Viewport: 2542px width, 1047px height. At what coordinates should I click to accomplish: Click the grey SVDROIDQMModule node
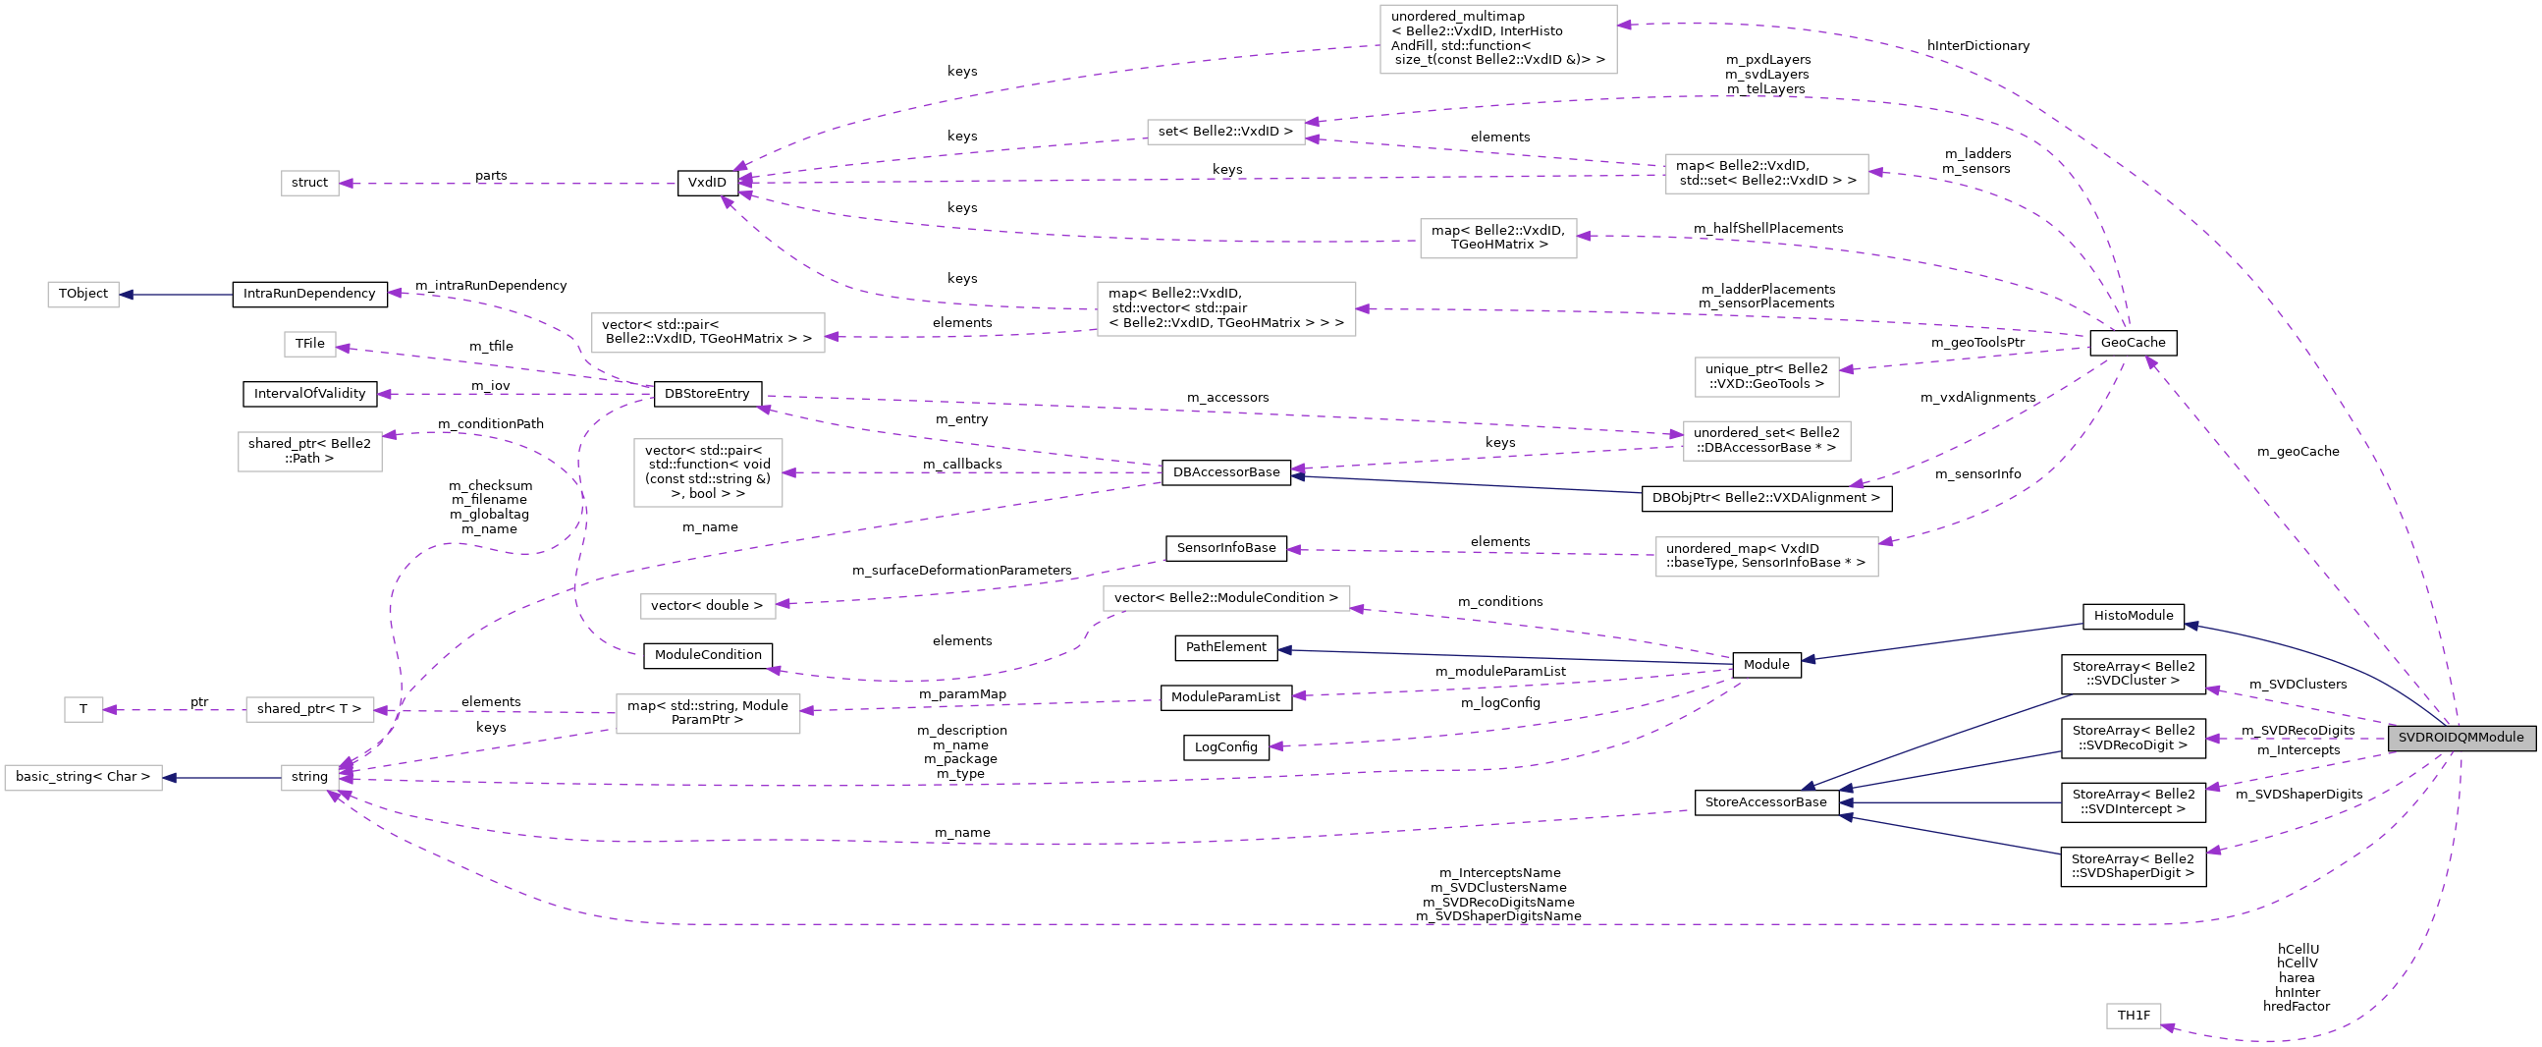tap(2461, 738)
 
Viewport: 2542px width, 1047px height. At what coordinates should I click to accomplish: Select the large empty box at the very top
tap(1498, 39)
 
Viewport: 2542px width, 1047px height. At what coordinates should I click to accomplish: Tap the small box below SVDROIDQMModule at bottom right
tap(2134, 1016)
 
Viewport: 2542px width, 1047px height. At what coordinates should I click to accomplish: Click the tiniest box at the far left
tap(83, 709)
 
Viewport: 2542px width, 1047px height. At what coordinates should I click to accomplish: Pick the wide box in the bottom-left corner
tap(82, 778)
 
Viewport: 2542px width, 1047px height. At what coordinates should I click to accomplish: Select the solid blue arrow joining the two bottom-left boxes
tap(222, 778)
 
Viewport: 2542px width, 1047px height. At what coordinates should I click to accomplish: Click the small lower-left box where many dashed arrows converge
tap(310, 778)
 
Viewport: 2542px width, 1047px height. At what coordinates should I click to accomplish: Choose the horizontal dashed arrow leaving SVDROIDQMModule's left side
tap(2299, 739)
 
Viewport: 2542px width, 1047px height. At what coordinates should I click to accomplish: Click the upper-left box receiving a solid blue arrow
tap(82, 294)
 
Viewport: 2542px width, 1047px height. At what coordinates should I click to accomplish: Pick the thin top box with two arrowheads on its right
tap(1225, 133)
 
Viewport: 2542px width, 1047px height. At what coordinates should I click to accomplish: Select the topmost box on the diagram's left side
tap(310, 184)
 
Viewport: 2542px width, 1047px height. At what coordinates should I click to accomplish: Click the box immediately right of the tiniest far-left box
tap(310, 709)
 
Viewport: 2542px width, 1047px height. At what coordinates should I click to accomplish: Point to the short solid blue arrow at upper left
tap(176, 294)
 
